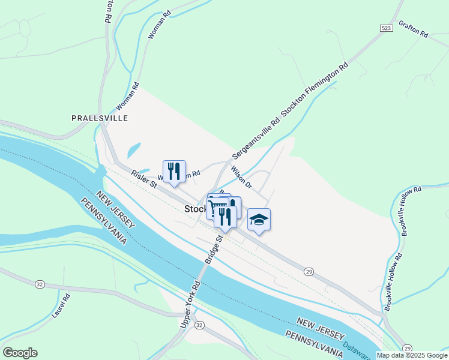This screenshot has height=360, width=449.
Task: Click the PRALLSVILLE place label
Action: click(x=100, y=118)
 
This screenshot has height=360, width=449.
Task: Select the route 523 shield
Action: click(x=387, y=28)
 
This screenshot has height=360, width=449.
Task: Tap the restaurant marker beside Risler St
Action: click(x=174, y=171)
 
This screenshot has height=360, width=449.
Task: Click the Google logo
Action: click(x=19, y=353)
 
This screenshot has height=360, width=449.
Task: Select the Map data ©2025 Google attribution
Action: click(x=412, y=355)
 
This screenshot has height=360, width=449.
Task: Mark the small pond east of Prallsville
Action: click(x=134, y=149)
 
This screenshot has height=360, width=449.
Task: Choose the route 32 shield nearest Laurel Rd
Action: click(x=40, y=283)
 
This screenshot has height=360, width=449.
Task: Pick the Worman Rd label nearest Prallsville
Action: click(x=127, y=97)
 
